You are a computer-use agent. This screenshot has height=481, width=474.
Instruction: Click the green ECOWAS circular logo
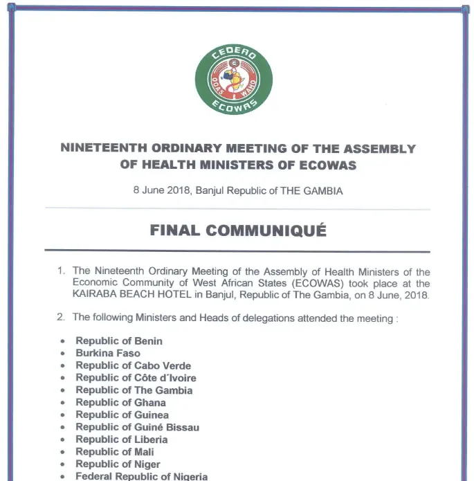pyautogui.click(x=233, y=79)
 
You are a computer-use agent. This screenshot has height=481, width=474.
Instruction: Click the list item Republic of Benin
pyautogui.click(x=119, y=341)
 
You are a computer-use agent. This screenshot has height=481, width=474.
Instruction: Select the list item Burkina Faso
pyautogui.click(x=108, y=353)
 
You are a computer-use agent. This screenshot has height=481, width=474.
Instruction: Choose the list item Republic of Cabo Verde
pyautogui.click(x=134, y=365)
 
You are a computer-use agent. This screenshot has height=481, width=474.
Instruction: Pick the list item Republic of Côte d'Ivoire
pyautogui.click(x=136, y=378)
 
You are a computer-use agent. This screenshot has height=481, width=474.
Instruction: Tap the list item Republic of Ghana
pyautogui.click(x=121, y=402)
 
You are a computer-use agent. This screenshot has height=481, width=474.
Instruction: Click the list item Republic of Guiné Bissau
pyautogui.click(x=138, y=427)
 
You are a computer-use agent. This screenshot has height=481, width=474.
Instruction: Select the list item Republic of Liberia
pyautogui.click(x=122, y=439)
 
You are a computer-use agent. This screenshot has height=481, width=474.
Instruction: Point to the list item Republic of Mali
pyautogui.click(x=115, y=452)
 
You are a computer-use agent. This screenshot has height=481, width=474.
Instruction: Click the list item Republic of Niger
pyautogui.click(x=118, y=464)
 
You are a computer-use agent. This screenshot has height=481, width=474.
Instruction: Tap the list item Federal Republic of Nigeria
pyautogui.click(x=142, y=476)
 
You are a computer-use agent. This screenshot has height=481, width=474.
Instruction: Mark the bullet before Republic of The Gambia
pyautogui.click(x=62, y=391)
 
